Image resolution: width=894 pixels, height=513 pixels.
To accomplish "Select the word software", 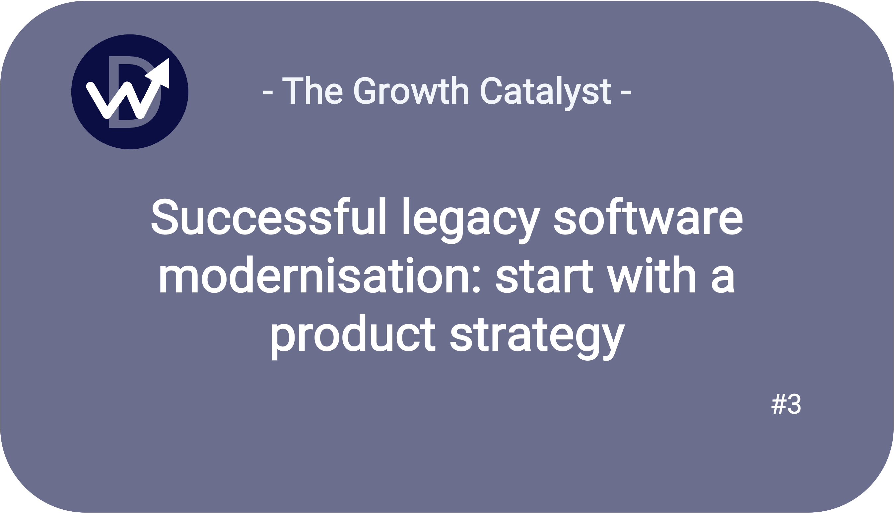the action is pyautogui.click(x=649, y=216).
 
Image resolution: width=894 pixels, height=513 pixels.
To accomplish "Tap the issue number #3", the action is pyautogui.click(x=786, y=404).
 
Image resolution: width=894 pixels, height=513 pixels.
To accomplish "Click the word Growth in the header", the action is pyautogui.click(x=411, y=90).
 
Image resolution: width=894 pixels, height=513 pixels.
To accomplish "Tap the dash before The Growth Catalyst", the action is pyautogui.click(x=268, y=93).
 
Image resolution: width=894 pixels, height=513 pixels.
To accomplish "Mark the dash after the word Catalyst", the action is pyautogui.click(x=626, y=93).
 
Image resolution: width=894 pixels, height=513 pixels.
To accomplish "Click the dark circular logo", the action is pyautogui.click(x=130, y=92).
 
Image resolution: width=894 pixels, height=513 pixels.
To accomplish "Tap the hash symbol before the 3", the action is pyautogui.click(x=778, y=404).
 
